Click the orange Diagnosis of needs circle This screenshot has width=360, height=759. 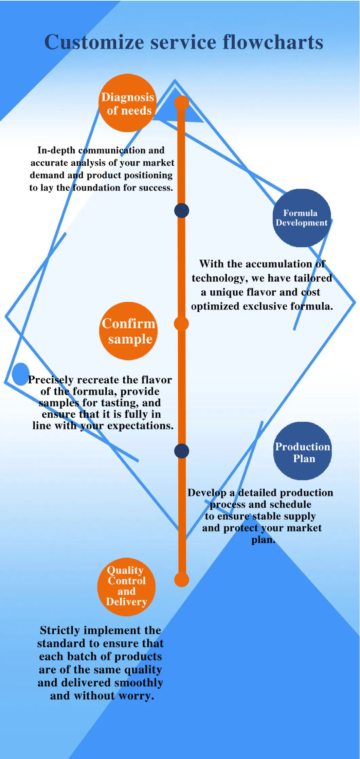click(x=127, y=103)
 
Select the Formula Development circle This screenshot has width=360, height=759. click(x=302, y=218)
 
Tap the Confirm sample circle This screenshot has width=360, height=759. click(x=128, y=331)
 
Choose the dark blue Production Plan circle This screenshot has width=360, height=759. click(x=302, y=451)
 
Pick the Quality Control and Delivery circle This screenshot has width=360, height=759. click(x=126, y=586)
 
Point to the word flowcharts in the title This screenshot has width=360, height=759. click(x=273, y=42)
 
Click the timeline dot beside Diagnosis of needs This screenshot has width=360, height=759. click(x=182, y=103)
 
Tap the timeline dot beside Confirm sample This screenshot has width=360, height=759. click(x=181, y=324)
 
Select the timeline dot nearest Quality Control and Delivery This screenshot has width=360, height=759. click(x=182, y=580)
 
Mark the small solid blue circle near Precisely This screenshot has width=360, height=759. click(x=20, y=374)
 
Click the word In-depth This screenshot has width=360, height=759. click(x=56, y=150)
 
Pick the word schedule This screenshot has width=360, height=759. click(x=290, y=504)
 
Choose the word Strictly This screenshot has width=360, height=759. click(x=60, y=630)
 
